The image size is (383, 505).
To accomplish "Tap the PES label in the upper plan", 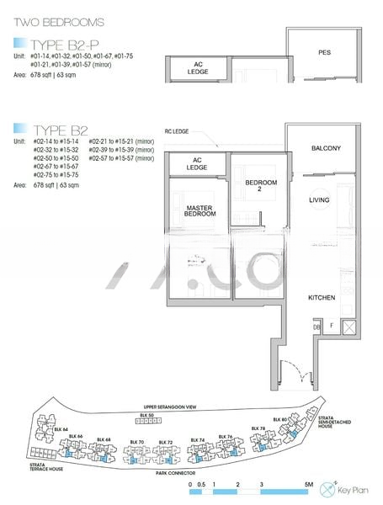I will click(x=324, y=52).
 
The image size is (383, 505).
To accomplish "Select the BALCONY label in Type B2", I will click(x=325, y=148).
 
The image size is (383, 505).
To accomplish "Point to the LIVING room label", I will click(x=319, y=200).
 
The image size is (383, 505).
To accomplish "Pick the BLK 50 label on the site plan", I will click(x=146, y=415).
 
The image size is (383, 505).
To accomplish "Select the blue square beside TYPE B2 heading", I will click(x=19, y=129).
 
